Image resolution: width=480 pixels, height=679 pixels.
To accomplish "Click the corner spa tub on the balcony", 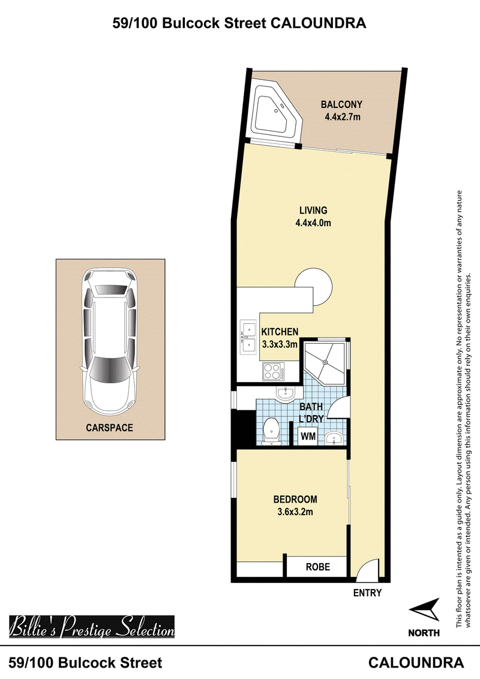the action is point(275,111).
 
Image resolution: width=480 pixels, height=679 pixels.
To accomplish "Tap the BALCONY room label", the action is point(341,104).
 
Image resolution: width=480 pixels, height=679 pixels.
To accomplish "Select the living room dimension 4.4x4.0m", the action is point(313,223).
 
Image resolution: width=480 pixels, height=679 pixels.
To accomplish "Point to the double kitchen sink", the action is point(248,338).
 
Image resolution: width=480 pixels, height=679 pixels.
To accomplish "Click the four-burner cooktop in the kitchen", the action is point(274,372).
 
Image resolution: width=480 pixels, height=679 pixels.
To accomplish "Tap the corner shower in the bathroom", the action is point(326,362).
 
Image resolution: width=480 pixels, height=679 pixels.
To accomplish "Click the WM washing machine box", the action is point(308,435).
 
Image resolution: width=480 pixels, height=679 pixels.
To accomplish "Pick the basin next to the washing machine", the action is point(334,438).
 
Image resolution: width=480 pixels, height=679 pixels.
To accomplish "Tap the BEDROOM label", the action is point(295,499).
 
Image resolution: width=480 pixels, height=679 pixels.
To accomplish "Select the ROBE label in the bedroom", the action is point(318,567).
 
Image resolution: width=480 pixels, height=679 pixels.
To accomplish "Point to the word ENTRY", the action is point(367,593).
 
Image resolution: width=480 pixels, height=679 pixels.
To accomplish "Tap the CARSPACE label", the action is point(109,428).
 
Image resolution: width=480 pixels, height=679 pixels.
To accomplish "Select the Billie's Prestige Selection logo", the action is point(92,627).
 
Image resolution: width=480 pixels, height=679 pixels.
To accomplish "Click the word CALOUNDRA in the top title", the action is point(319,23).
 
